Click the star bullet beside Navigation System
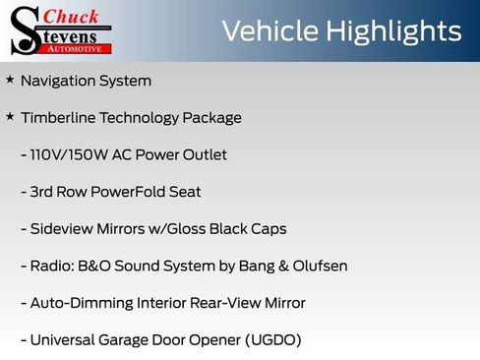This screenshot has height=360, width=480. pyautogui.click(x=10, y=80)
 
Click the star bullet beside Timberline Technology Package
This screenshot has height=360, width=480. pyautogui.click(x=10, y=117)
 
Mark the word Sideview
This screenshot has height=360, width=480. pyautogui.click(x=63, y=229)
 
